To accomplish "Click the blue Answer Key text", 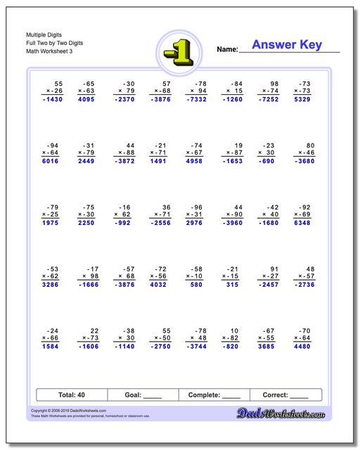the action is tap(287, 45).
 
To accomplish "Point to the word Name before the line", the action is tap(226, 49).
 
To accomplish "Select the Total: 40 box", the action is tap(72, 395).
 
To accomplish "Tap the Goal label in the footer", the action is tap(131, 395).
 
